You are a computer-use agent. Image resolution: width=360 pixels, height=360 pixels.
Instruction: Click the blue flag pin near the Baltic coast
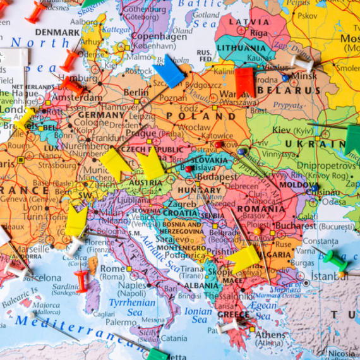pos(169,73)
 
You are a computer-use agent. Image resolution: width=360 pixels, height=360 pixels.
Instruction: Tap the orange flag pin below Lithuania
pos(244,81)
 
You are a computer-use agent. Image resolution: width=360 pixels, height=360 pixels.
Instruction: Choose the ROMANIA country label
pos(261,209)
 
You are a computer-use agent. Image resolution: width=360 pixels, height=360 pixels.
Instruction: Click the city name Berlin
pos(136,92)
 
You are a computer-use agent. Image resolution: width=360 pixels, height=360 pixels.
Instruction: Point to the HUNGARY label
pos(200,190)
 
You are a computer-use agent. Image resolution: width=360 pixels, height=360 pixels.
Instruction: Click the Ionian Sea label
pos(198,315)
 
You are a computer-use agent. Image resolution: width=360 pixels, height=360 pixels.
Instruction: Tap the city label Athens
pos(270,335)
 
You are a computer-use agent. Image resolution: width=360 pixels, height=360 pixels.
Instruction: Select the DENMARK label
pos(57,32)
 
